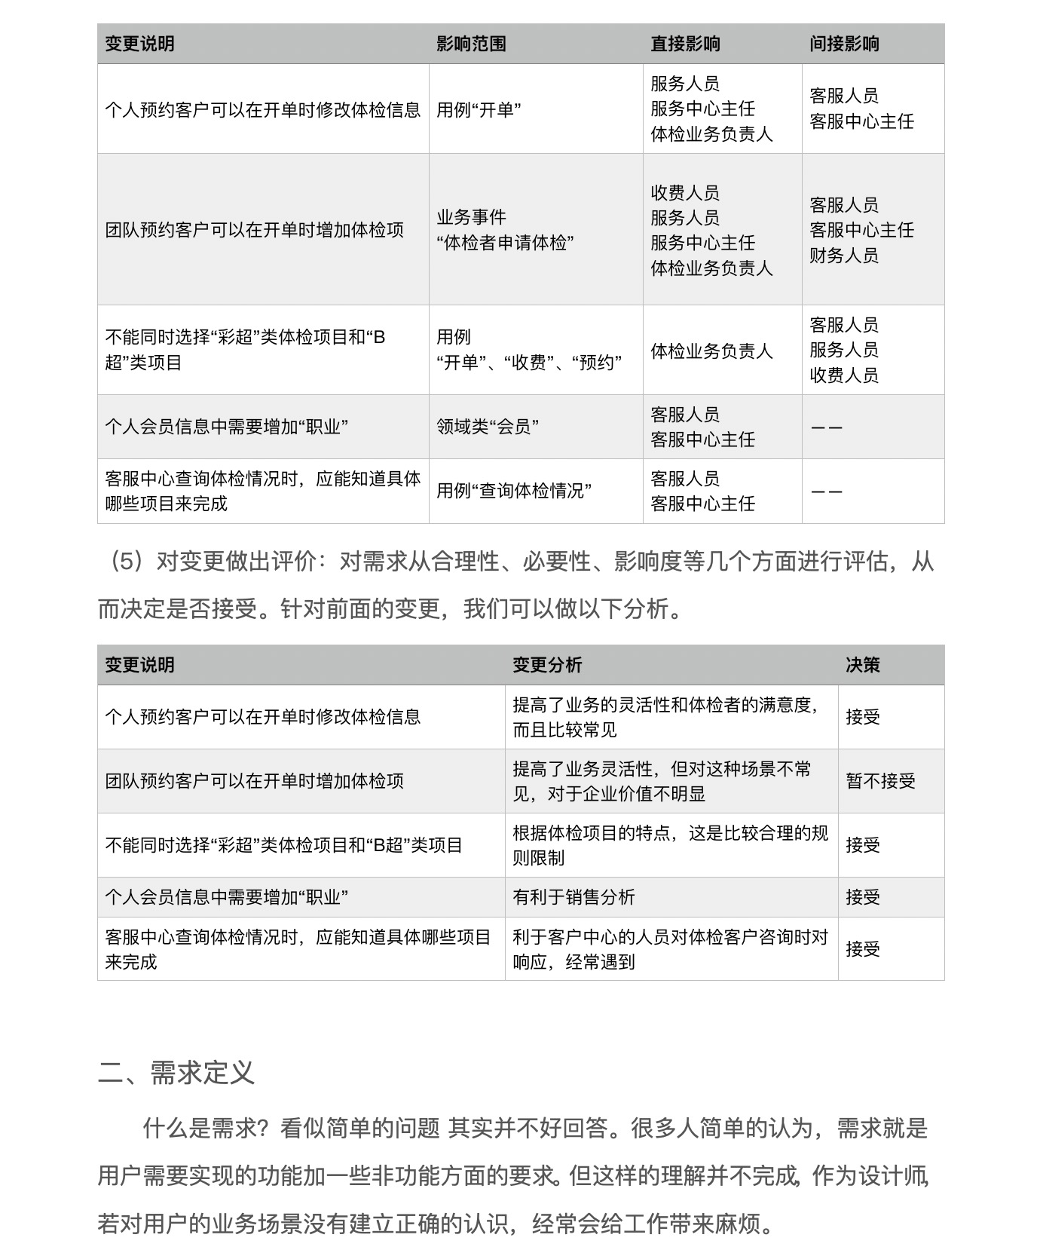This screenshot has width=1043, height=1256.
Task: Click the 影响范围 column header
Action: click(471, 44)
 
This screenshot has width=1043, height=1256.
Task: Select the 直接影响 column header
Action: click(685, 44)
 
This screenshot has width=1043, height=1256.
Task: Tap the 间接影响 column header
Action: click(844, 44)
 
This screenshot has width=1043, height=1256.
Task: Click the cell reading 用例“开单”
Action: click(479, 109)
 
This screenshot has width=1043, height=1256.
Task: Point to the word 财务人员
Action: click(844, 256)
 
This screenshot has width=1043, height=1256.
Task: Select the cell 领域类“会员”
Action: click(488, 427)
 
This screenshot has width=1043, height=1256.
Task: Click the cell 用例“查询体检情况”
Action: click(514, 491)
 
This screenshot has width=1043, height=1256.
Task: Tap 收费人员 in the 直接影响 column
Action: click(685, 193)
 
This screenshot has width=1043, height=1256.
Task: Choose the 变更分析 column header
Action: click(547, 665)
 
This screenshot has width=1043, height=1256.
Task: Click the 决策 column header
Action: click(863, 665)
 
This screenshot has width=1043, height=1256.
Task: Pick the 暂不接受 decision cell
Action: click(880, 781)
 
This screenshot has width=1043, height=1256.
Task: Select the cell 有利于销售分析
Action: click(573, 897)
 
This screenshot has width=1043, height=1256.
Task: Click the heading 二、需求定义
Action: click(176, 1072)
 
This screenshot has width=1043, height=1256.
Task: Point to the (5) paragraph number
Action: click(126, 562)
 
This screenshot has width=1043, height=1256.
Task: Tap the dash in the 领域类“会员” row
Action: click(827, 427)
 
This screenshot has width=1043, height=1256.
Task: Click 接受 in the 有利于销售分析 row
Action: click(863, 897)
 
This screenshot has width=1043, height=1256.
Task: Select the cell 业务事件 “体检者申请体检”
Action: click(505, 230)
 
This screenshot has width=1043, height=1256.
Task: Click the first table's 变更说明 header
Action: click(139, 44)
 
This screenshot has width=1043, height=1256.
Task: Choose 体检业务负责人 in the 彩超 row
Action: click(711, 351)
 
